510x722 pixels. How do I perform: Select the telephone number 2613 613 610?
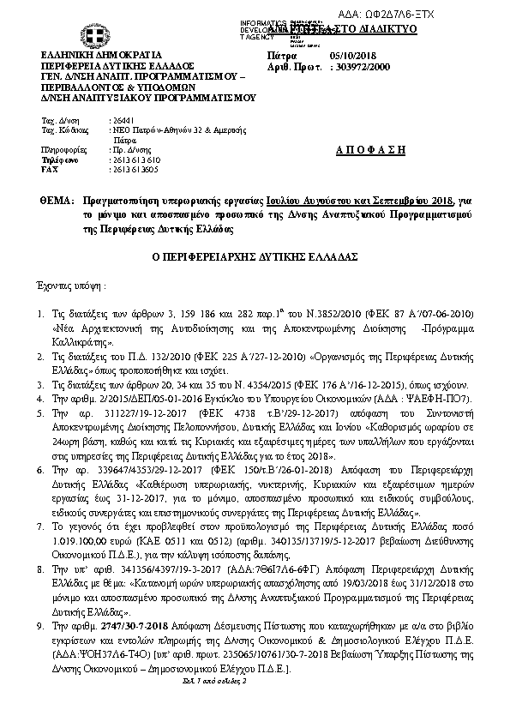tap(135, 160)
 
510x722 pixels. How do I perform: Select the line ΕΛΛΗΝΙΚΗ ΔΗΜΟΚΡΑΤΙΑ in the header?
tap(90, 53)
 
